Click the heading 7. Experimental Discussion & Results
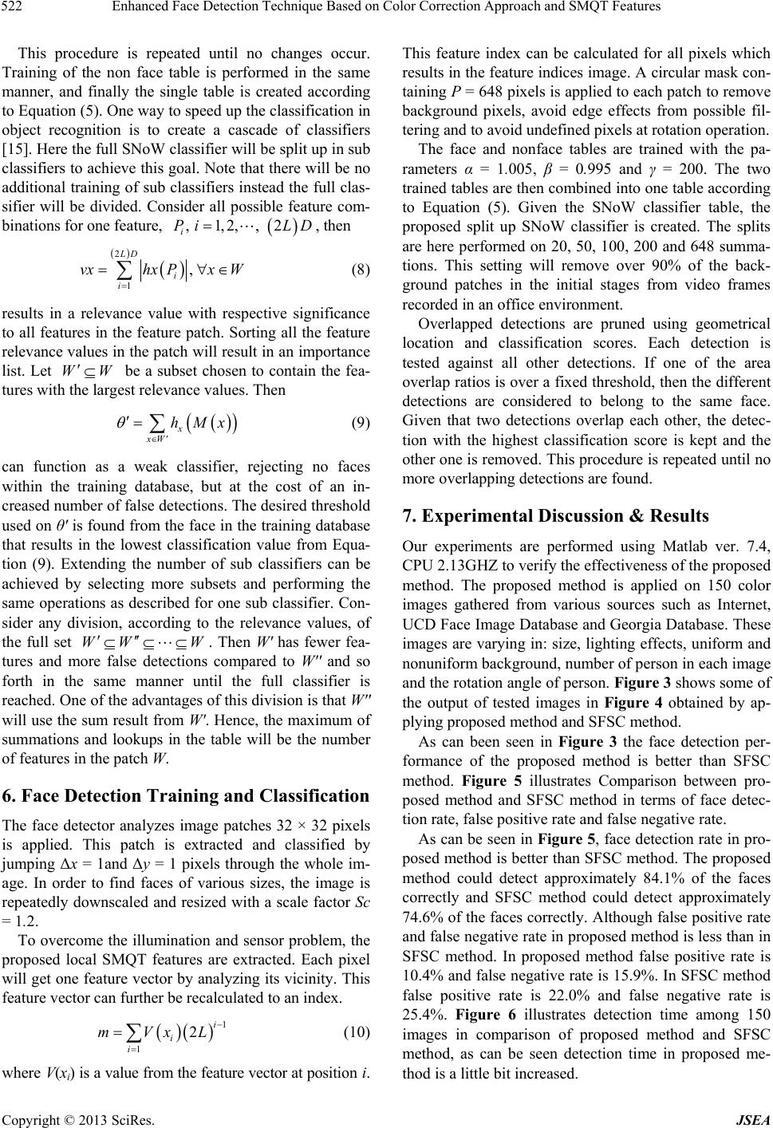coord(556,516)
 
